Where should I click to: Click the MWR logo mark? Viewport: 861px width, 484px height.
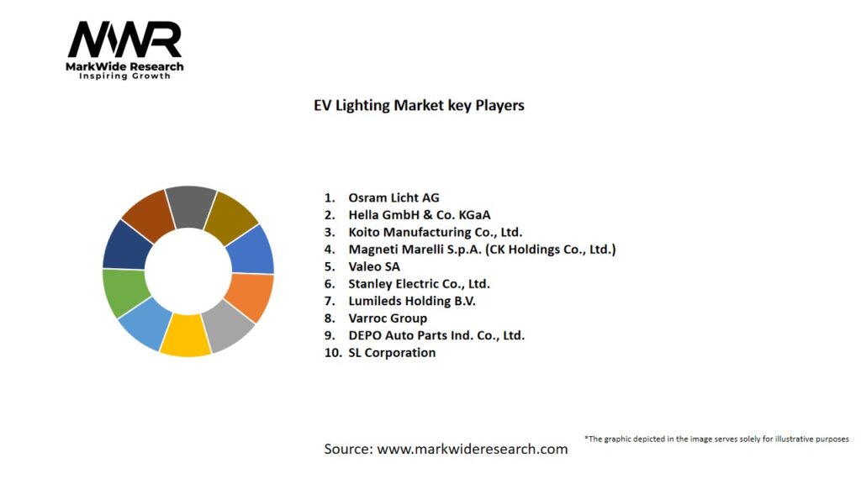click(x=124, y=40)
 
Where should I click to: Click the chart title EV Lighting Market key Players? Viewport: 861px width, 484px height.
click(x=413, y=105)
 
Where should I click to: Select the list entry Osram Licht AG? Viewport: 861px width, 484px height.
click(x=394, y=197)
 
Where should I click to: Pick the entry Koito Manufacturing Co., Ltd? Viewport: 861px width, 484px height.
click(x=435, y=232)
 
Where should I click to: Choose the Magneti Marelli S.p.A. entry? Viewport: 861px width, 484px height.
click(x=482, y=249)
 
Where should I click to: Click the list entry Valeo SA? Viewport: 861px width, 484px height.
click(x=374, y=266)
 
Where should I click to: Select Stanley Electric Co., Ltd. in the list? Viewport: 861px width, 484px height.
click(x=419, y=283)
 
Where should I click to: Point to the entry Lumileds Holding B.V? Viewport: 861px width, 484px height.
click(x=412, y=301)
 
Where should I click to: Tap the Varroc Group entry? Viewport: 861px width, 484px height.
click(x=388, y=318)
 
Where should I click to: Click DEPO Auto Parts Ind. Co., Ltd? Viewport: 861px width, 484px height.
click(x=436, y=335)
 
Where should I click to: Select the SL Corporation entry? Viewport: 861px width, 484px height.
click(x=392, y=352)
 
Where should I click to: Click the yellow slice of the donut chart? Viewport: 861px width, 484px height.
click(x=185, y=334)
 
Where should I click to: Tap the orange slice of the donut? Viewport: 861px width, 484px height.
click(x=249, y=297)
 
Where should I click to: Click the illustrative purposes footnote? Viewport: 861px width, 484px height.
click(x=716, y=439)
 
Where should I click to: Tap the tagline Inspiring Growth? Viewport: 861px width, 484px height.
click(x=124, y=76)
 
